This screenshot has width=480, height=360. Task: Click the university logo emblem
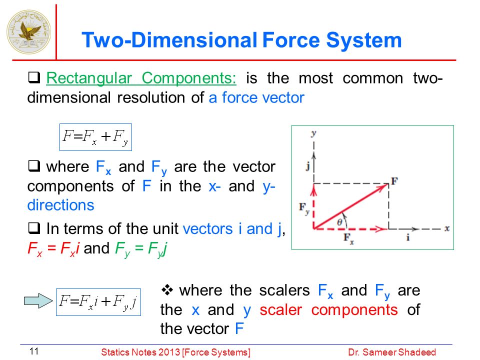pos(29,32)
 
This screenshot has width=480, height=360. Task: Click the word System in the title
pos(363,40)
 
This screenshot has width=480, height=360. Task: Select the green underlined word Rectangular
pos(89,78)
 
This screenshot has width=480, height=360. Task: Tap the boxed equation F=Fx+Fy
pos(95,137)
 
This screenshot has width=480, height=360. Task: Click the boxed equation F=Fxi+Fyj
pos(98,302)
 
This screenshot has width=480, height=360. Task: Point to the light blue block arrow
pos(38,300)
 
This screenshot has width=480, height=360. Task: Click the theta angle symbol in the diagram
pos(339,222)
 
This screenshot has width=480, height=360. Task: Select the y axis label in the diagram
pos(313,133)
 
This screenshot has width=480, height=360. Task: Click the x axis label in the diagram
pos(447,228)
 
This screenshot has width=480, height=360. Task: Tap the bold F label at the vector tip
pos(394,181)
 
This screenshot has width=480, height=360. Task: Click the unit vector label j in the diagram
pos(308,166)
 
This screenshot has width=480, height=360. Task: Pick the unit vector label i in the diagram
pos(408,237)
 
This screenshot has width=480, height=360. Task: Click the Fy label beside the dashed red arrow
pos(304,208)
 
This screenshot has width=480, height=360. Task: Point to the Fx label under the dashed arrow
pos(348,238)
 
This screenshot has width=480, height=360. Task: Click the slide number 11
pos(33,351)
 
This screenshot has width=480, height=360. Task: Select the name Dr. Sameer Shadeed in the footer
pos(392,352)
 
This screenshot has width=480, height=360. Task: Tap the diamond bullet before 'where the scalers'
pos(167,290)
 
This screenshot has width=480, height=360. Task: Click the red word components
pos(354,310)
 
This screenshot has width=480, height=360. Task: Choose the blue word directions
pos(60,205)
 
